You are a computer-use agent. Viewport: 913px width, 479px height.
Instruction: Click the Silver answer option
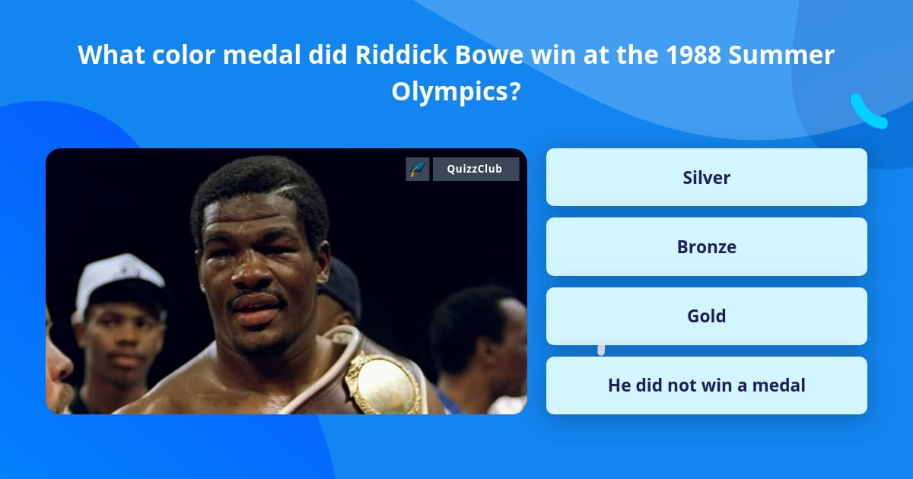coord(706,177)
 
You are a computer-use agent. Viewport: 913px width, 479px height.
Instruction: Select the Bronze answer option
coord(706,247)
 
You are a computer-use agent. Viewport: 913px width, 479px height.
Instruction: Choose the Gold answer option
coord(706,316)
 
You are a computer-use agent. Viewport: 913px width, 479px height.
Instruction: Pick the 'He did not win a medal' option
coord(706,385)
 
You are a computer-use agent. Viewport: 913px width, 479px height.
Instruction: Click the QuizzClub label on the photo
coord(476,169)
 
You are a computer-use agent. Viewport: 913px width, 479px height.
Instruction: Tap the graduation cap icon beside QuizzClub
coord(418,169)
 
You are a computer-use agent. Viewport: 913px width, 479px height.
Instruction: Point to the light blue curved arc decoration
coord(867,112)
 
